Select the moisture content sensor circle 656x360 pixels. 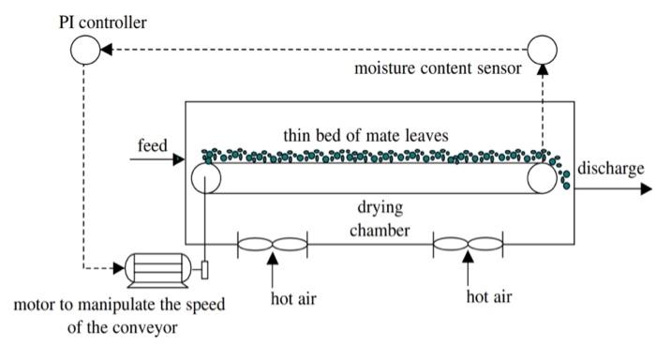pyautogui.click(x=544, y=49)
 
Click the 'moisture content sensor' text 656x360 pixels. pyautogui.click(x=438, y=68)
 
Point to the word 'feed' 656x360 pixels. pyautogui.click(x=153, y=146)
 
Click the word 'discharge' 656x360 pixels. pyautogui.click(x=610, y=169)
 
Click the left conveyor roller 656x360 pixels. pyautogui.click(x=204, y=178)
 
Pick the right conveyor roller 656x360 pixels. pyautogui.click(x=541, y=178)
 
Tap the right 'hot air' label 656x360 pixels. pyautogui.click(x=489, y=297)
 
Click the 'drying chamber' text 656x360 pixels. pyautogui.click(x=379, y=217)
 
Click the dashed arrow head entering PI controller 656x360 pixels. pyautogui.click(x=105, y=49)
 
